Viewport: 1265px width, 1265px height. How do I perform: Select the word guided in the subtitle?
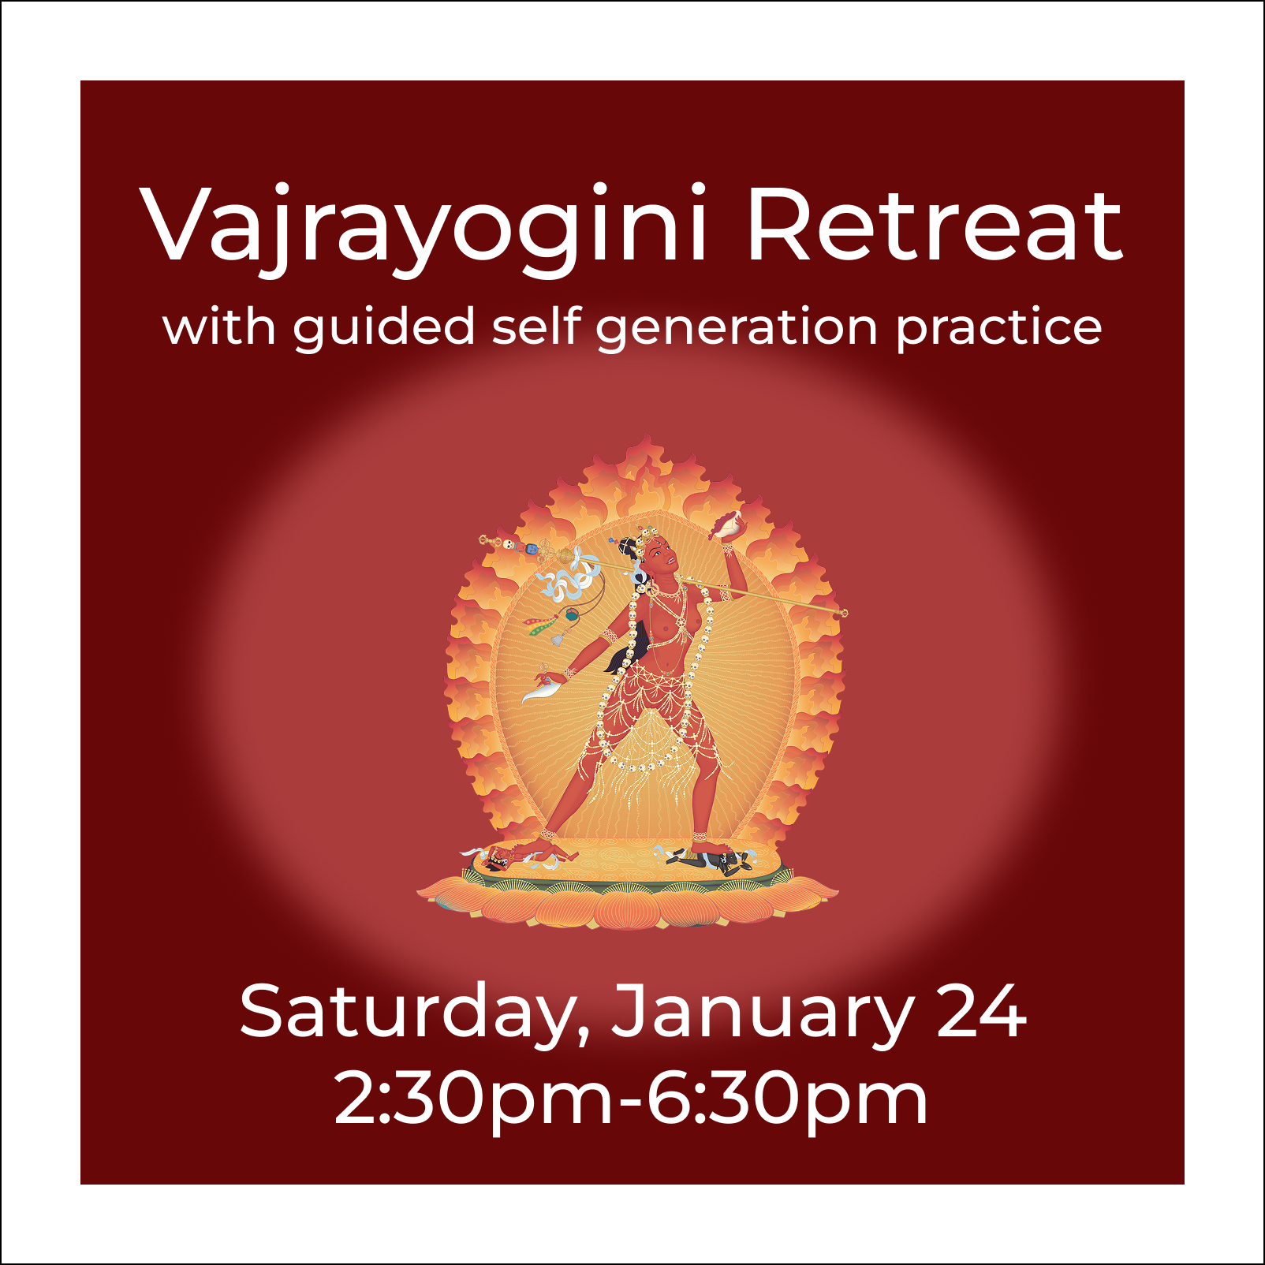[384, 327]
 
